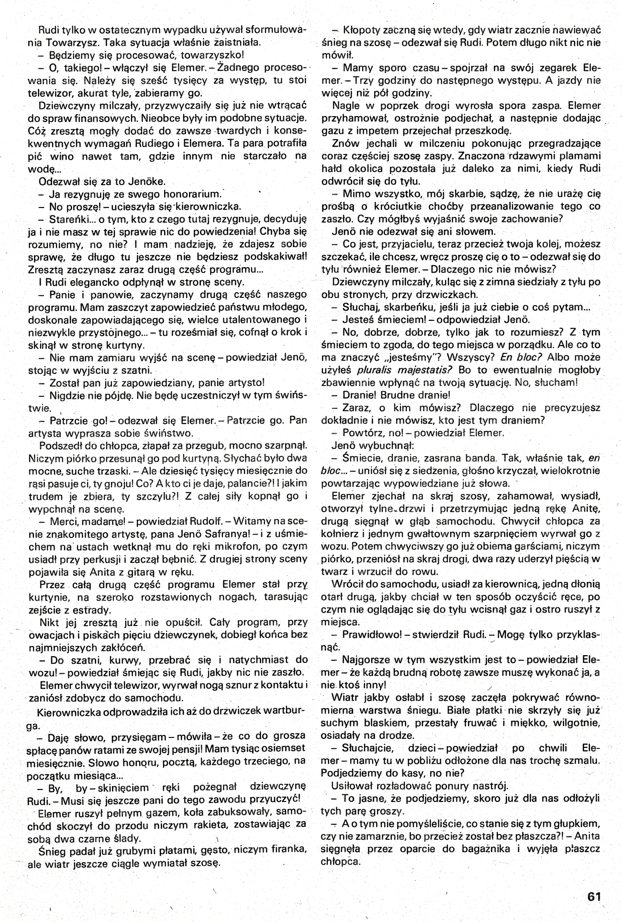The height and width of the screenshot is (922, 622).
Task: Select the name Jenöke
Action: (x=146, y=181)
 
